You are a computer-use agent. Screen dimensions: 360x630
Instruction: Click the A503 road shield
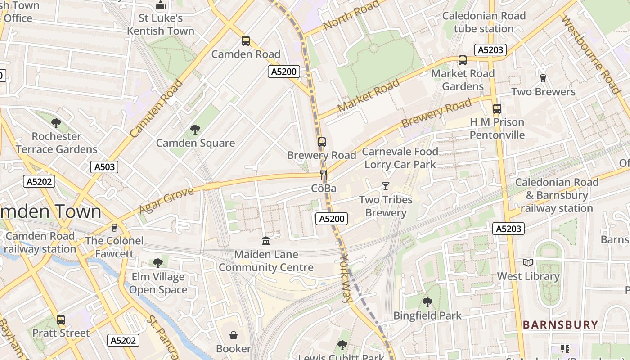coord(104,167)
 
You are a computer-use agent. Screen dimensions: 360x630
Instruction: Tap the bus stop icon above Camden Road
coord(245,41)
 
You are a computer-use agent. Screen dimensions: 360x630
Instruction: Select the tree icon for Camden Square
coord(195,130)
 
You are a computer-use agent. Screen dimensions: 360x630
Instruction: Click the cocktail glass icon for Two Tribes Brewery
coord(385,186)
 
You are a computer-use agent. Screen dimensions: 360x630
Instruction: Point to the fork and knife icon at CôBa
coord(323,175)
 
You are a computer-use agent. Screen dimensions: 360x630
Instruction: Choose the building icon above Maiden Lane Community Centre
coord(266,241)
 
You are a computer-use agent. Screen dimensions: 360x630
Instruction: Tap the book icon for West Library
coord(528,262)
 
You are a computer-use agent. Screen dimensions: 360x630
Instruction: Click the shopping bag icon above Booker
coord(234,335)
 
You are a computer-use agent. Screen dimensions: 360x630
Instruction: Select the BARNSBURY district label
coord(560,324)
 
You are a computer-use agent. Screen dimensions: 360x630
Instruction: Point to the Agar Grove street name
coord(166,200)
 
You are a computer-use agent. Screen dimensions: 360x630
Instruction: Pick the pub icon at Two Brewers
coord(543,78)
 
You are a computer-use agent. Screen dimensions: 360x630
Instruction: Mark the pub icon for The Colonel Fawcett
coord(114,227)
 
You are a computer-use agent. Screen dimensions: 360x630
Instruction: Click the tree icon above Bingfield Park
coord(427,302)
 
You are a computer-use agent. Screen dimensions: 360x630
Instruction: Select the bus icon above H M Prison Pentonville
coord(497,108)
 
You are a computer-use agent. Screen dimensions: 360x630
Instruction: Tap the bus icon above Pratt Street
coord(60,320)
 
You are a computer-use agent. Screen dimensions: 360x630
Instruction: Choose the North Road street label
coord(351,16)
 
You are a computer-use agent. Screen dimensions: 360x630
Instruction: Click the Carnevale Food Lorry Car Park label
coord(400,158)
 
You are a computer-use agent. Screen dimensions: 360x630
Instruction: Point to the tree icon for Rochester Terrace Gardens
coord(56,123)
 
